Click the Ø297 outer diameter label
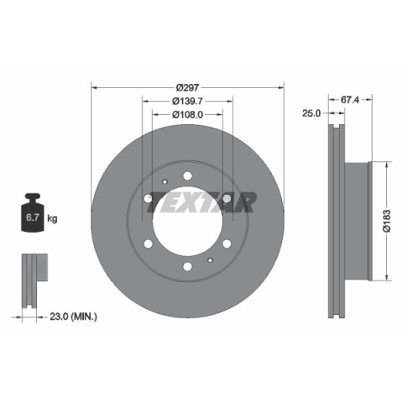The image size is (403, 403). point(187,88)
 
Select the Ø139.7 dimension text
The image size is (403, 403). point(187,101)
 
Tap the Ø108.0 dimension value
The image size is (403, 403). point(187,114)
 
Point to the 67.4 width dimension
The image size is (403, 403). point(349,100)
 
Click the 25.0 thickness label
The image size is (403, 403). point(311,113)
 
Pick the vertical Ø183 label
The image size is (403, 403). point(387,221)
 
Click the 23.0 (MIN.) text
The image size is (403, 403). point(73,317)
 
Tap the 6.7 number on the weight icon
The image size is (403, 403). point(33,217)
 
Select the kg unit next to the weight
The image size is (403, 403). point(52,218)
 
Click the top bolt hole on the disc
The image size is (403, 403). point(187,176)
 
